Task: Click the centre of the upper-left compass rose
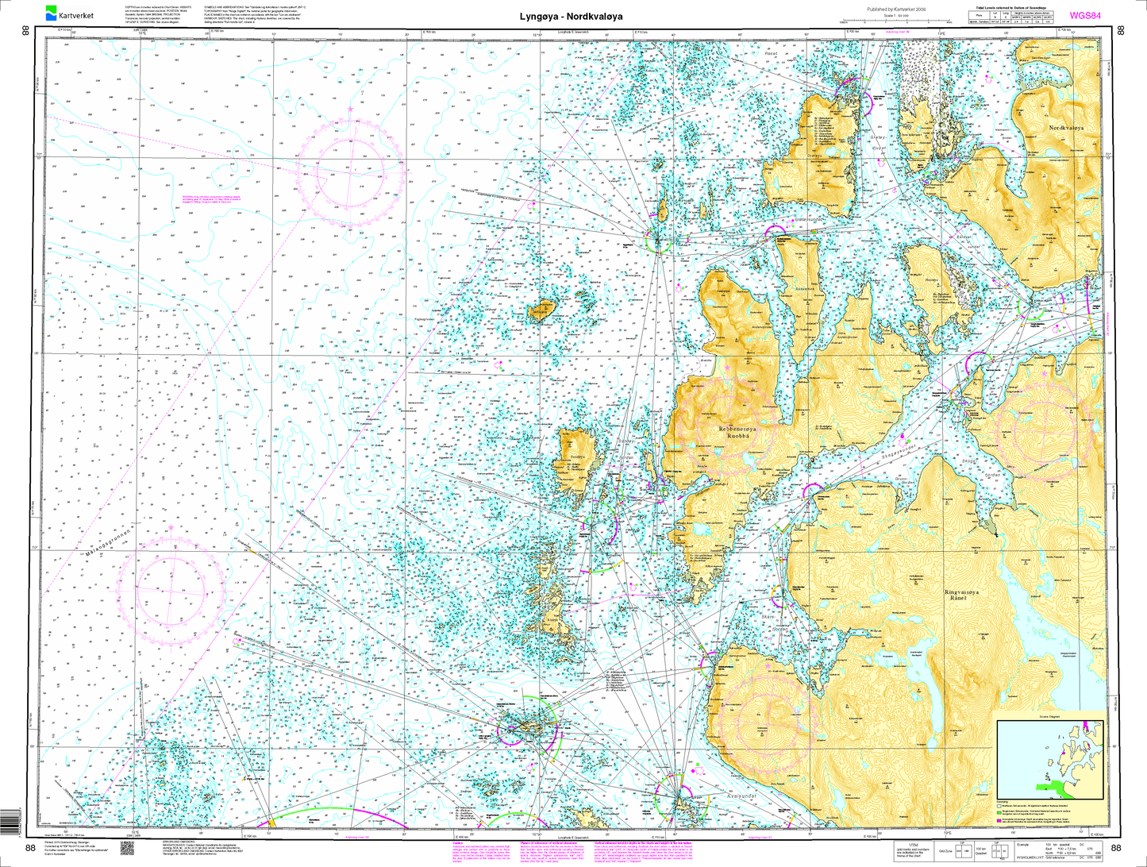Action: pos(350,169)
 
